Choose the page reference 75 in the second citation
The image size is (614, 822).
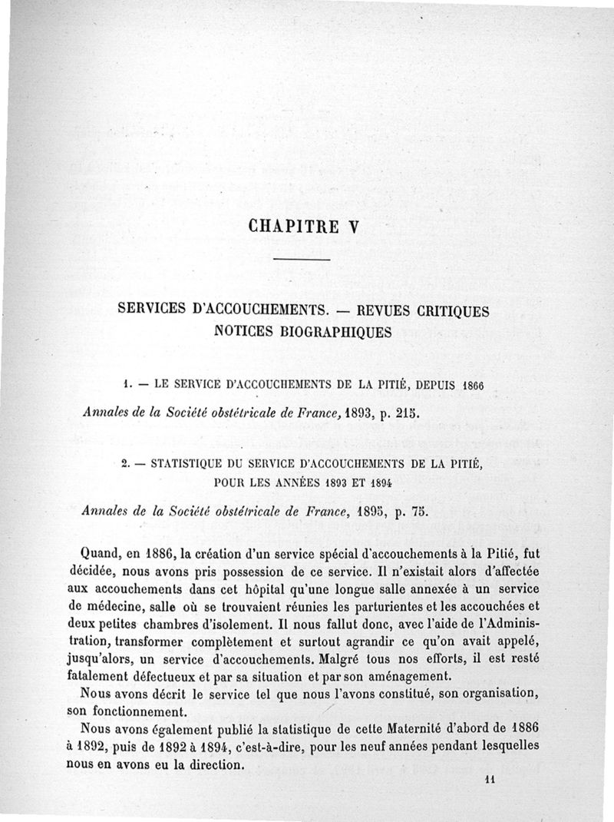click(x=411, y=512)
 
